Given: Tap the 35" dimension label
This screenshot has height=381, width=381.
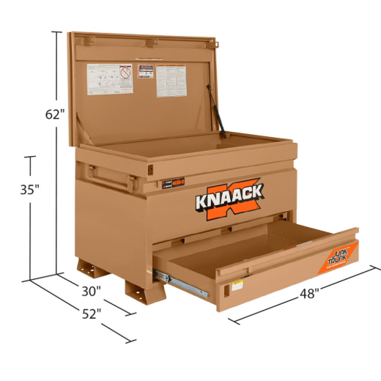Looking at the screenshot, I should [29, 188].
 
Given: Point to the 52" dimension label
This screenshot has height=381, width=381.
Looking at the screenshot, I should [91, 314].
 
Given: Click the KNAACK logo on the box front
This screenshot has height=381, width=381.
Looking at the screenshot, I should [229, 199].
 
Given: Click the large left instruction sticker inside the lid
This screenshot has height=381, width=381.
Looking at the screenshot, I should [110, 78].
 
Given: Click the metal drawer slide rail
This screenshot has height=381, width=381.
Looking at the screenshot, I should [180, 284].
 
